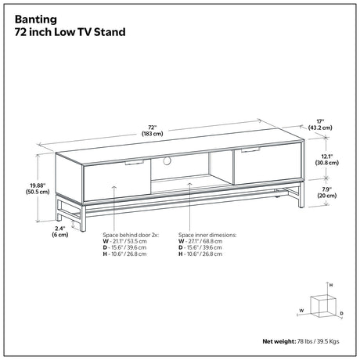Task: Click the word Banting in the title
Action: (36, 20)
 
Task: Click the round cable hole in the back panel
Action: (167, 160)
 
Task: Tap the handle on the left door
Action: (135, 163)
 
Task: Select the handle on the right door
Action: (250, 149)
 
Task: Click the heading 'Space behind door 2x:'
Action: (131, 235)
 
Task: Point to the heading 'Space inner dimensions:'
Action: (207, 235)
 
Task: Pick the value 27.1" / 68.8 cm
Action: (204, 241)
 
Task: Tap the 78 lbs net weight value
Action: (304, 341)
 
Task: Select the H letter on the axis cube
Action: (331, 285)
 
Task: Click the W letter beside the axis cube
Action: (301, 311)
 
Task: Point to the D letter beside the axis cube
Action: (341, 313)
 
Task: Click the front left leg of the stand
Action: (83, 218)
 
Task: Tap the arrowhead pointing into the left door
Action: (114, 187)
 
